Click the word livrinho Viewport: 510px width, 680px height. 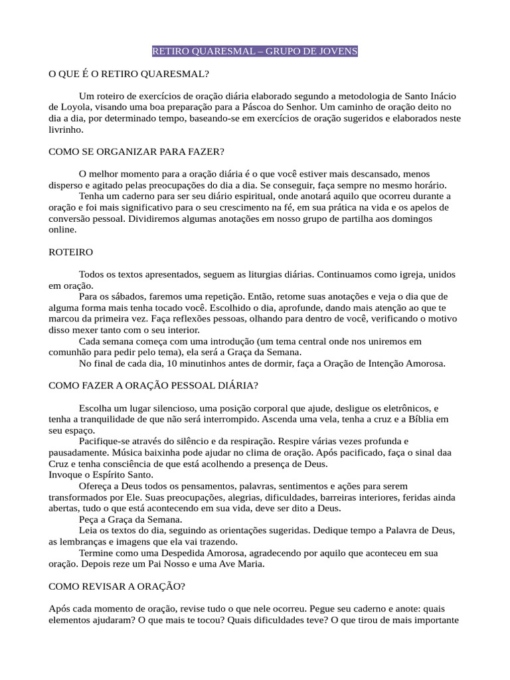(x=64, y=129)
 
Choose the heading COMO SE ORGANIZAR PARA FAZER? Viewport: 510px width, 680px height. (x=137, y=151)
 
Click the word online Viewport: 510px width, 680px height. (x=62, y=230)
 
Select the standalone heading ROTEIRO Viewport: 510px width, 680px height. (x=71, y=252)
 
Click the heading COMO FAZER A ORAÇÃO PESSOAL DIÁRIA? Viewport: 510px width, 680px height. (x=153, y=386)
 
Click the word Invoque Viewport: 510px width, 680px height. (x=66, y=475)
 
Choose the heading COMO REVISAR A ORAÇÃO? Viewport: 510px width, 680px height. (x=117, y=586)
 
